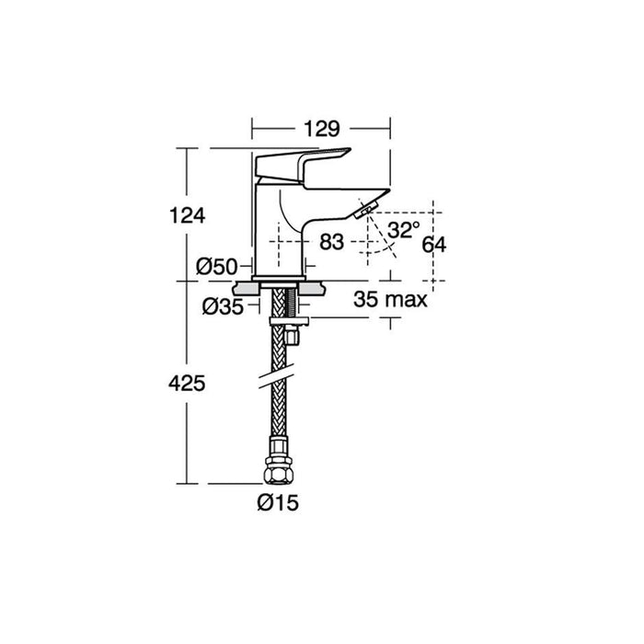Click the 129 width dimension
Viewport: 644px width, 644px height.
(322, 129)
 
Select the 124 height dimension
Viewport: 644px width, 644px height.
(188, 215)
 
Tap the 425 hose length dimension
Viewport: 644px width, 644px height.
(187, 384)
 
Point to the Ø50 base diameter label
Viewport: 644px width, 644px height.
(216, 267)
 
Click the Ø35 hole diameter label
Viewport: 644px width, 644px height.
(223, 306)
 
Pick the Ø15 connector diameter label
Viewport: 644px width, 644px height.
(278, 502)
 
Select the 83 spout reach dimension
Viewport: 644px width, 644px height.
(331, 242)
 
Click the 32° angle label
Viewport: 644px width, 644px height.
(404, 230)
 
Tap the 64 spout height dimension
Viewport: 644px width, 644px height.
(434, 246)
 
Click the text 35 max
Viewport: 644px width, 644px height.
(390, 299)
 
